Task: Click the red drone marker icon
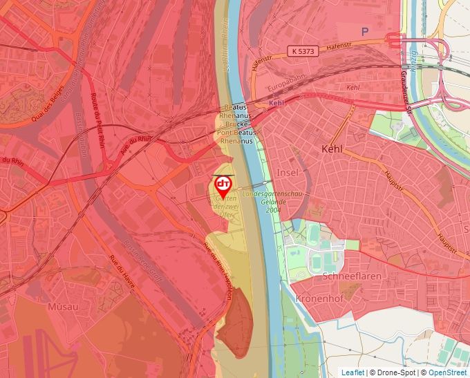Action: (x=223, y=184)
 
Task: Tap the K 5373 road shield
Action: (x=303, y=52)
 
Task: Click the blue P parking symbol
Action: (x=365, y=31)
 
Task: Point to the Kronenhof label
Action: (x=319, y=299)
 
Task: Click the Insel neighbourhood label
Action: (x=286, y=171)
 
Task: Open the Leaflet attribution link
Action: (x=352, y=372)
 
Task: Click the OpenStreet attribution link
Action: (x=448, y=372)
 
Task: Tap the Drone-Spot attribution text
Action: (x=396, y=372)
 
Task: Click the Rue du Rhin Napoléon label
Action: (x=224, y=274)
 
